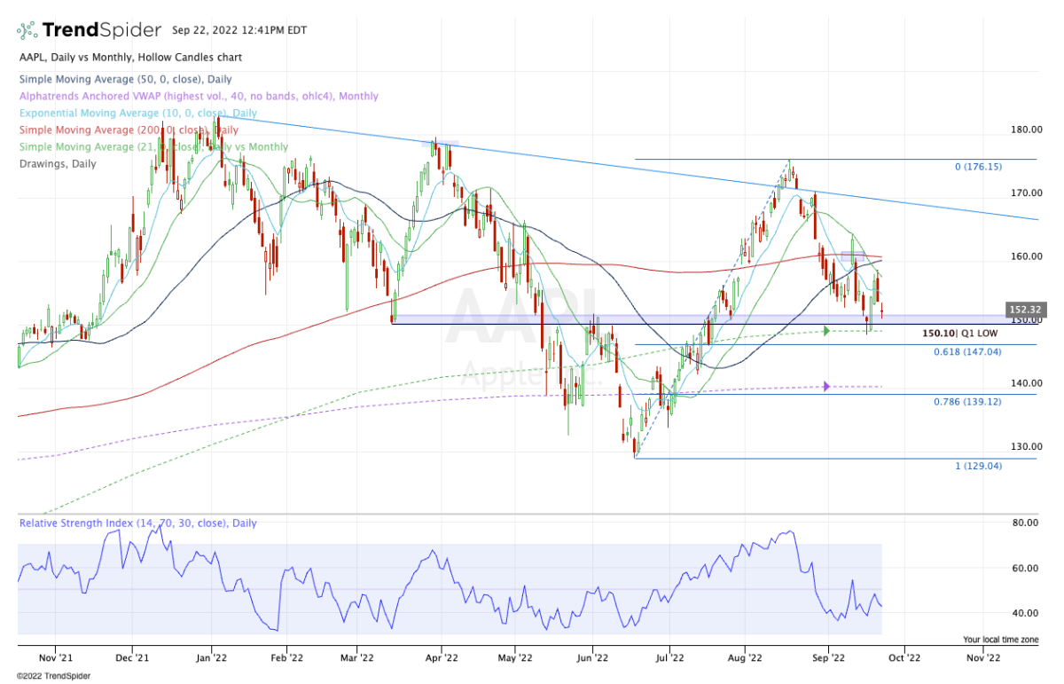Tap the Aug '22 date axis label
pos(745,658)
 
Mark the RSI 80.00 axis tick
pos(1025,523)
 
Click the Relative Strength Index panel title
pos(137,523)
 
